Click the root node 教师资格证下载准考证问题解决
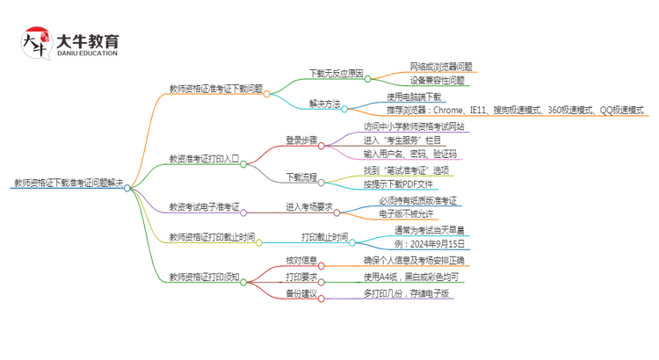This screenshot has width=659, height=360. [x=68, y=185]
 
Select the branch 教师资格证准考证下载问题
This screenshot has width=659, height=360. [x=215, y=89]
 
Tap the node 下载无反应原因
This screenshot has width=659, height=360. [x=337, y=72]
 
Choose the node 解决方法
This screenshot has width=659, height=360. [x=324, y=104]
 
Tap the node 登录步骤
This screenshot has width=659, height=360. [x=301, y=140]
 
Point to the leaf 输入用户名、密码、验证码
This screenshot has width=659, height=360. [x=410, y=154]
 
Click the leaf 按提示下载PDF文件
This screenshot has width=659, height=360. [x=398, y=184]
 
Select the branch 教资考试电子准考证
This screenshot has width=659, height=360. [x=204, y=207]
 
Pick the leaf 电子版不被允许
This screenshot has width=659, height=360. [x=406, y=214]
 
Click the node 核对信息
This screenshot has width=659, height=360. [x=301, y=260]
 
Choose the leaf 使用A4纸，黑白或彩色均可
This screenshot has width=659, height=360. [x=410, y=277]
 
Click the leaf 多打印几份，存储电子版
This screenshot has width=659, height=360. [x=406, y=293]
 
